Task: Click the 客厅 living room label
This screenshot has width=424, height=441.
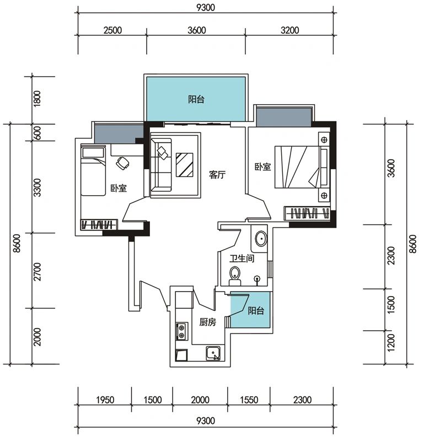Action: (217, 175)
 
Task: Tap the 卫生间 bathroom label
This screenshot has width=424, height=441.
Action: (241, 258)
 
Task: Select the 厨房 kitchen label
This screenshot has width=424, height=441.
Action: (208, 322)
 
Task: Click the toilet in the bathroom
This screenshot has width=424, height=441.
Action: (235, 276)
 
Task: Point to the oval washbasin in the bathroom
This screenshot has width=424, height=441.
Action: (261, 239)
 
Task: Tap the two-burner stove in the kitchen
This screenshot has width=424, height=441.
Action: (181, 331)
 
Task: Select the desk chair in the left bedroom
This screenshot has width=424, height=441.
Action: (122, 163)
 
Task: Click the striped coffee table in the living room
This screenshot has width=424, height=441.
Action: (185, 165)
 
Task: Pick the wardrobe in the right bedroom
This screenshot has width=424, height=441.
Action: (307, 213)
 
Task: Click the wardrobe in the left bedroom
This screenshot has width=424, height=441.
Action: (99, 225)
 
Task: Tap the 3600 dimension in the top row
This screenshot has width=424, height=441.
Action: (197, 30)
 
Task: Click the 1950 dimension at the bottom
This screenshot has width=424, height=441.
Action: (105, 399)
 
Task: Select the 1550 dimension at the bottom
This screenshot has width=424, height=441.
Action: (249, 399)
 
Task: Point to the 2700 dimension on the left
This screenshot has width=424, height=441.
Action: (37, 272)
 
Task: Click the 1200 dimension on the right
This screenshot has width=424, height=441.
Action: (391, 342)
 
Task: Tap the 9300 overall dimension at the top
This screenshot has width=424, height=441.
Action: (206, 7)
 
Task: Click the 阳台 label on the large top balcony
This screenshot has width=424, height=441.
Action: (196, 99)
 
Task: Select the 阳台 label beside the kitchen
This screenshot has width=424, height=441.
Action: (256, 310)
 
